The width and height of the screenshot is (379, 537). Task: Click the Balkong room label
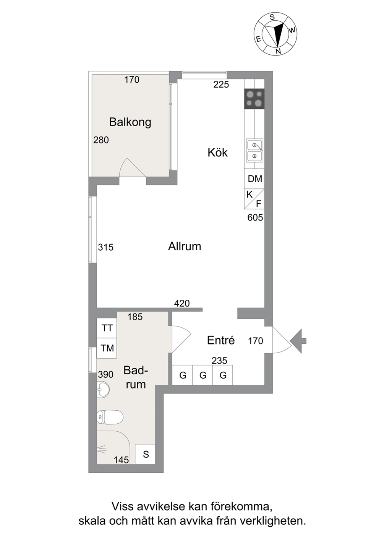130,122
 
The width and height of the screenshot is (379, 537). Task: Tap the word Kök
217,152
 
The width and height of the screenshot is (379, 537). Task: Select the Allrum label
185,246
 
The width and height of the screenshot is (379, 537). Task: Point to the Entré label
221,340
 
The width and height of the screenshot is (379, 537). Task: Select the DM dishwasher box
254,179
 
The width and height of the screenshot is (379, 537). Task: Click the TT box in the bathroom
107,328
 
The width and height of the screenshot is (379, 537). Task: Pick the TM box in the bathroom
107,348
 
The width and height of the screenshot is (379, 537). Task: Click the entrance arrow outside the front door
298,341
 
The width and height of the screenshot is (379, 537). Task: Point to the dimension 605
255,217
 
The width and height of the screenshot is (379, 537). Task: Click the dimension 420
182,304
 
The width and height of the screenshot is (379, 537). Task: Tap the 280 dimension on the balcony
101,140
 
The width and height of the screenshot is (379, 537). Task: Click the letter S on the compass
272,17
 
